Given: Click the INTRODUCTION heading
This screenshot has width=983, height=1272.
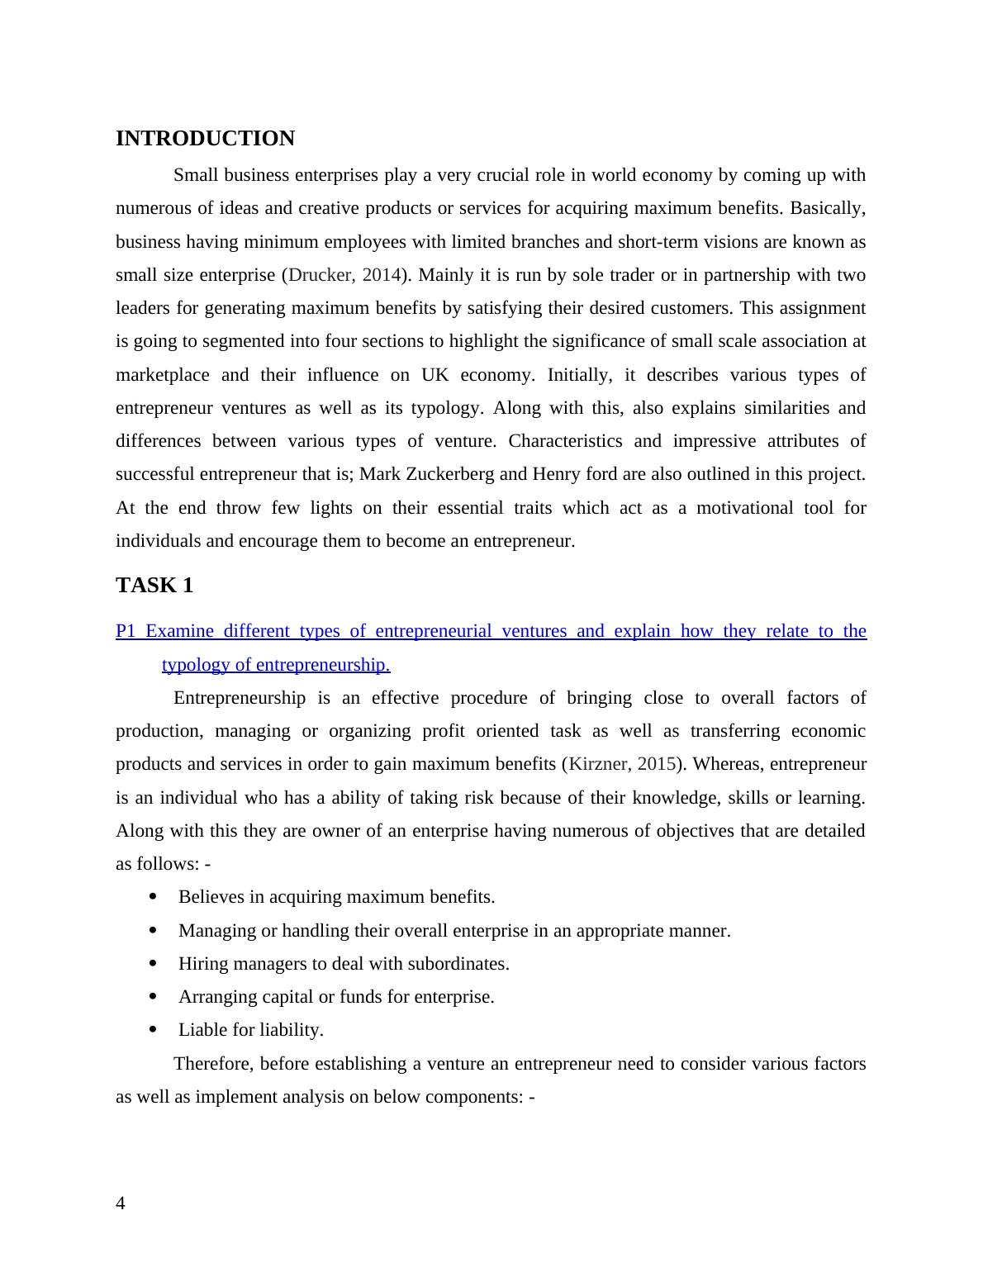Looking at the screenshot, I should pos(205,139).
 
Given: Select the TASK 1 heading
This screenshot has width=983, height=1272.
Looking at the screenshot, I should pos(154,586).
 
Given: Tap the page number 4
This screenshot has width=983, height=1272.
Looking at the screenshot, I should pos(121,1203).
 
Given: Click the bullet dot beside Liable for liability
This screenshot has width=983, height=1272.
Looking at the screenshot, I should pos(153,1029).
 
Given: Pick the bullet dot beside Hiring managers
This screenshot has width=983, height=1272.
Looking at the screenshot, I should pos(153,963).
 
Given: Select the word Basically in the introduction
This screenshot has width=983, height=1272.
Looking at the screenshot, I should pos(827,208).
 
